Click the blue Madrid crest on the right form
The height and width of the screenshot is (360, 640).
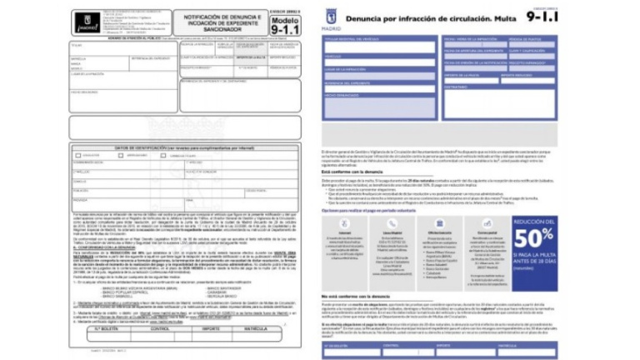333,16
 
